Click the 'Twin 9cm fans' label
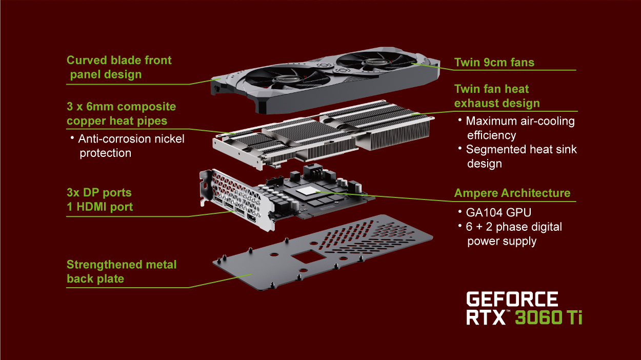point(494,63)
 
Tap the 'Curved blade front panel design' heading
point(119,67)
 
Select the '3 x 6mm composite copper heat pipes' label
point(121,114)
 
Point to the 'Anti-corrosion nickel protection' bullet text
point(131,146)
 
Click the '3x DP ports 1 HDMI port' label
point(99,200)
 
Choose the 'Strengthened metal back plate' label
point(121,271)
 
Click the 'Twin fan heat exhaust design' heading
point(496,96)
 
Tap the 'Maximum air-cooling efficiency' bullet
point(519,128)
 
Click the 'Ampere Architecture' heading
point(512,193)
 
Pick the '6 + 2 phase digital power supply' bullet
point(513,234)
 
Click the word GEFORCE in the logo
point(511,299)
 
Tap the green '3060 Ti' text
point(548,317)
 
